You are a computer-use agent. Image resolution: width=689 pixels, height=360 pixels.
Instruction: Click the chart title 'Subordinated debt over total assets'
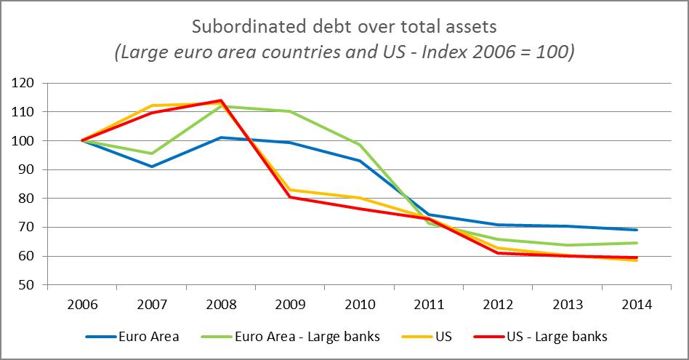(x=344, y=27)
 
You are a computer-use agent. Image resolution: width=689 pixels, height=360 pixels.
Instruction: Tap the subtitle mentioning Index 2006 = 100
(x=344, y=53)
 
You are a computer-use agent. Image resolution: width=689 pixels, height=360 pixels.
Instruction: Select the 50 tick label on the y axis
(x=27, y=285)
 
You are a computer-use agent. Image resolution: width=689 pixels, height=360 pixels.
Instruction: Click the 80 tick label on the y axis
(x=27, y=199)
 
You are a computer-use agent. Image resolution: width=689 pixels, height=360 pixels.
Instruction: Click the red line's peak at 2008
(x=220, y=100)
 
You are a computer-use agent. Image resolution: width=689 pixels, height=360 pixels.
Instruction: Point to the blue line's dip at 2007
(x=151, y=167)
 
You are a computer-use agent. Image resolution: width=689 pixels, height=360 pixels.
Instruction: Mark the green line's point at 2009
(x=290, y=111)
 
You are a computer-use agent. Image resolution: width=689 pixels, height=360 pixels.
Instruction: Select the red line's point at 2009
(x=290, y=196)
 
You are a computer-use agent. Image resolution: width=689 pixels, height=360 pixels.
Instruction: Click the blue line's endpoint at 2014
(x=637, y=230)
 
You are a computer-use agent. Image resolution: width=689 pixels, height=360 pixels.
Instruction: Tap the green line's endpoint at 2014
(x=637, y=243)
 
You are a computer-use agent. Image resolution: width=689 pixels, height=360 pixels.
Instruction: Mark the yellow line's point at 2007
(x=151, y=105)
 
